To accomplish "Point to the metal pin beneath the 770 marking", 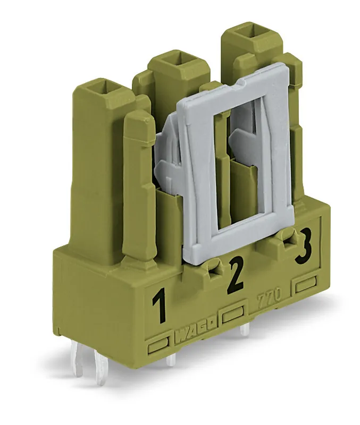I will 244,330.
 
